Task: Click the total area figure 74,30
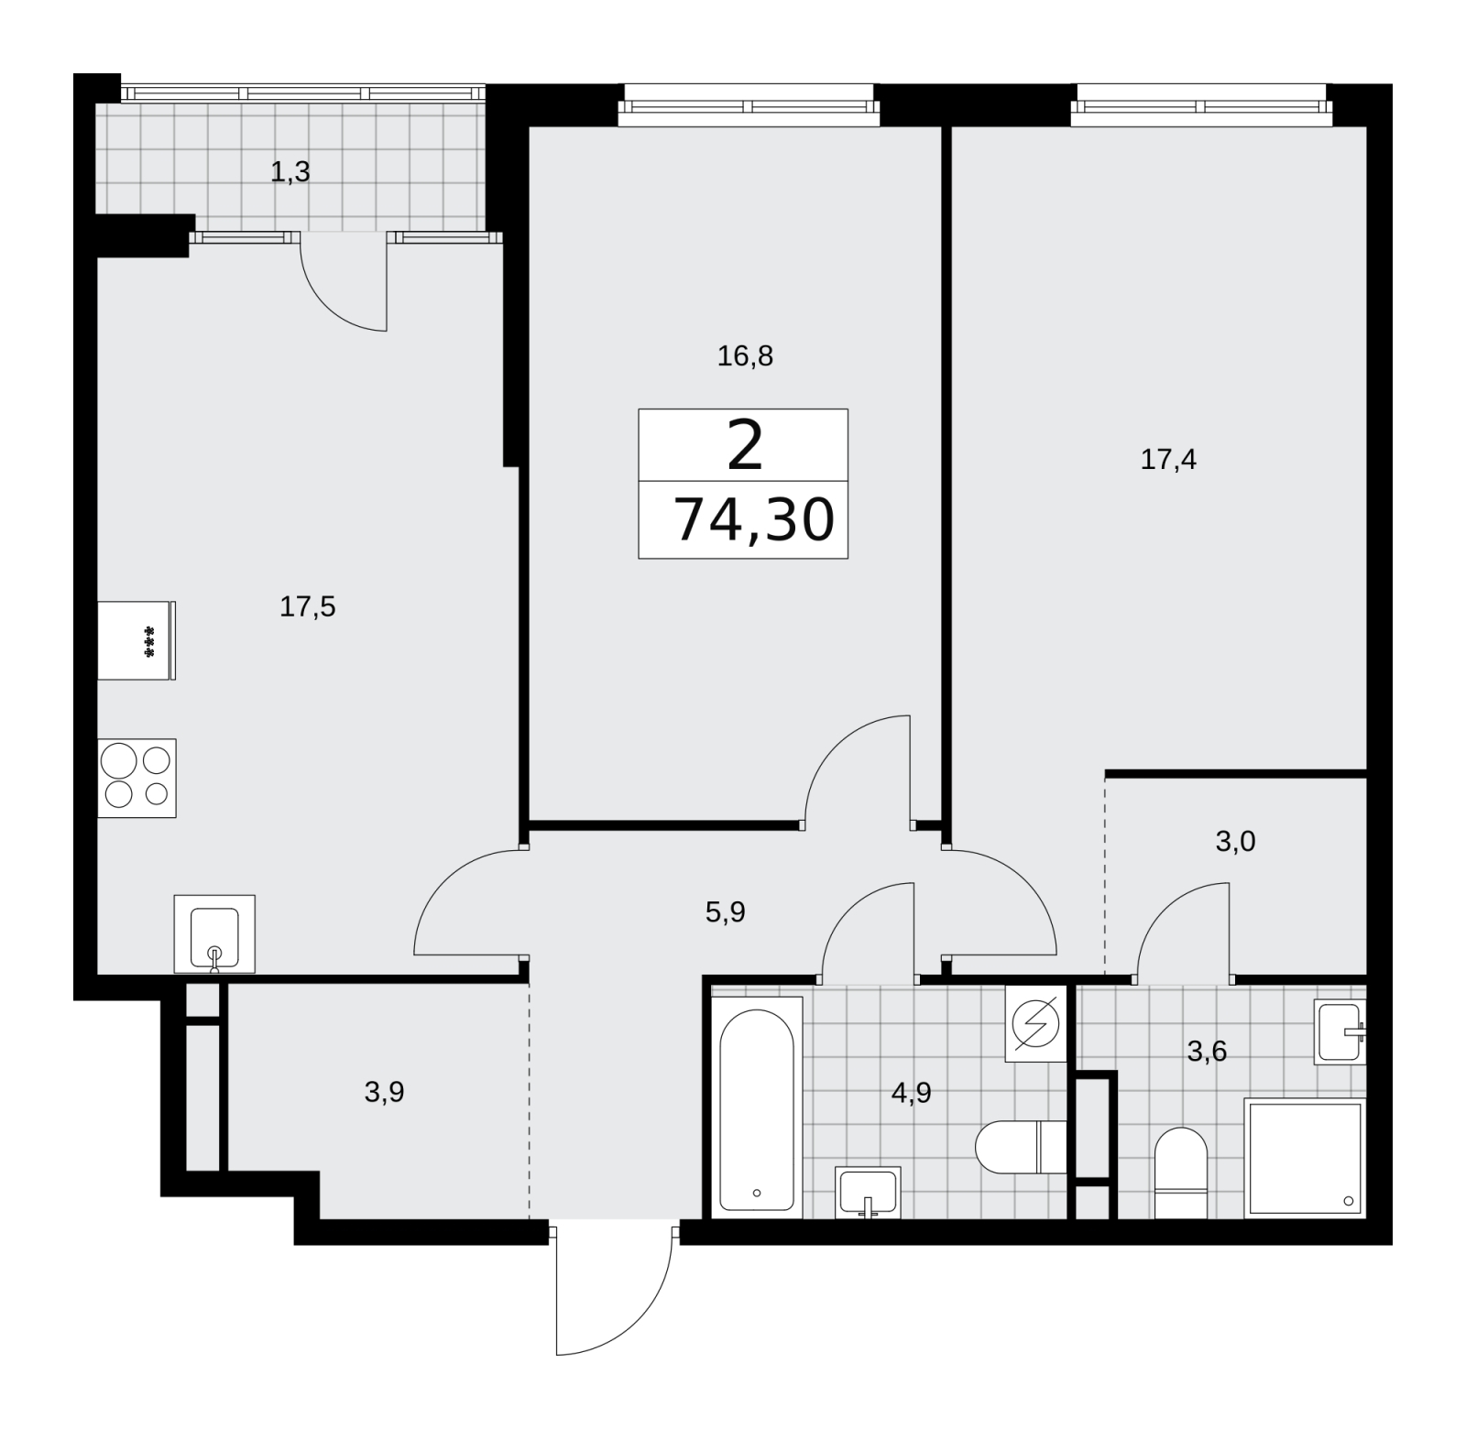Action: pyautogui.click(x=753, y=519)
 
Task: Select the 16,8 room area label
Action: pyautogui.click(x=745, y=355)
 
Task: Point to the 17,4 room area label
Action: pyautogui.click(x=1168, y=459)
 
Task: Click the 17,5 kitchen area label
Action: pyautogui.click(x=308, y=606)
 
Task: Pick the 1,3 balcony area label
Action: pyautogui.click(x=290, y=171)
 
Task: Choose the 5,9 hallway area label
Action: pyautogui.click(x=725, y=911)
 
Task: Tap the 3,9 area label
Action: pyautogui.click(x=385, y=1092)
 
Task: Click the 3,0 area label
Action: pyautogui.click(x=1235, y=841)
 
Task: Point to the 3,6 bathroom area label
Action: pyautogui.click(x=1207, y=1051)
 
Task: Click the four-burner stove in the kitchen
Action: pyautogui.click(x=137, y=778)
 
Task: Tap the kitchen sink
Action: pyautogui.click(x=214, y=933)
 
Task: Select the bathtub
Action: pyautogui.click(x=757, y=1107)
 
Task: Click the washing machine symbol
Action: pyautogui.click(x=1036, y=1023)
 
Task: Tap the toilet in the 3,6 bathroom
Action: pyautogui.click(x=1181, y=1173)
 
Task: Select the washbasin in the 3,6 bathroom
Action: pyautogui.click(x=1340, y=1031)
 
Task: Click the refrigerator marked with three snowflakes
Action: pyautogui.click(x=137, y=640)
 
